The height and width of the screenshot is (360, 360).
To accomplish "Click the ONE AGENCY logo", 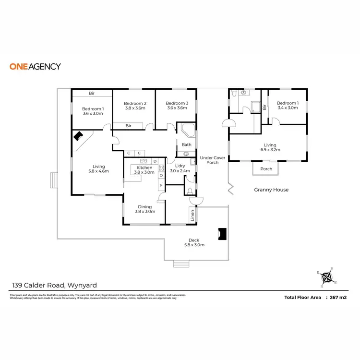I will (35, 66).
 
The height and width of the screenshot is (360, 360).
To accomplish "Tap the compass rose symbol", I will (328, 277).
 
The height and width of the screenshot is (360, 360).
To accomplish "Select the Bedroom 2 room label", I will (135, 106).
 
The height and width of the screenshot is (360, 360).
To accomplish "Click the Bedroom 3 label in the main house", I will (177, 106).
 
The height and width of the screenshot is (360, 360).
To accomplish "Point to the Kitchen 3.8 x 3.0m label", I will (144, 170).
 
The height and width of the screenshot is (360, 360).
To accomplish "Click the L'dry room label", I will (182, 168).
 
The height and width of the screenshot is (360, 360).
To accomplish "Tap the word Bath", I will (186, 144).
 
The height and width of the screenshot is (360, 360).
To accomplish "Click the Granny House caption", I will (271, 190).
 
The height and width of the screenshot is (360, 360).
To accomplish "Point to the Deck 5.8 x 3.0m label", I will (194, 242).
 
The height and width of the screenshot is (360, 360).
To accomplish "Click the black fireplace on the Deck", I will (222, 233).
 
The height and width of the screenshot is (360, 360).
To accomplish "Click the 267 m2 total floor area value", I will (336, 298).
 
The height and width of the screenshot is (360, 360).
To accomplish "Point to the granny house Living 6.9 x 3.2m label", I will (270, 147).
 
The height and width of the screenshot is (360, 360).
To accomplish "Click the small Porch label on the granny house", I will (266, 169).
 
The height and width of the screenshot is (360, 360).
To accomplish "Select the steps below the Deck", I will (180, 264).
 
